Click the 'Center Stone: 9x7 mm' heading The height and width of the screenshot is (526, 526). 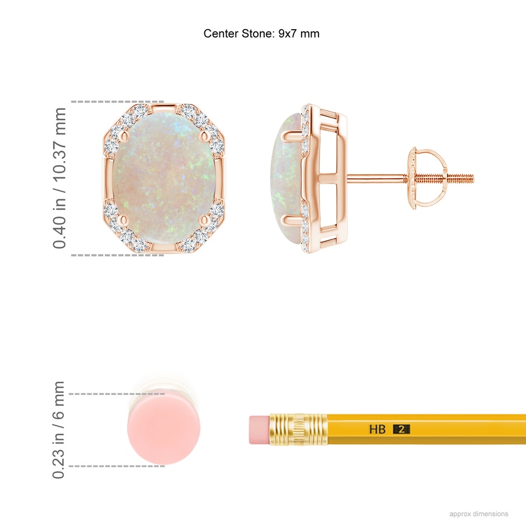point(261,34)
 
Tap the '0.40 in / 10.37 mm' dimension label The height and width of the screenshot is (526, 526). point(59,178)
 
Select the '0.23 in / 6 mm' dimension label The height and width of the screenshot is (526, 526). point(58,430)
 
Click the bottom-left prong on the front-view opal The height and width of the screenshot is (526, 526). point(125,220)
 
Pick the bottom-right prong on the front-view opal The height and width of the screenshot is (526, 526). point(204,220)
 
